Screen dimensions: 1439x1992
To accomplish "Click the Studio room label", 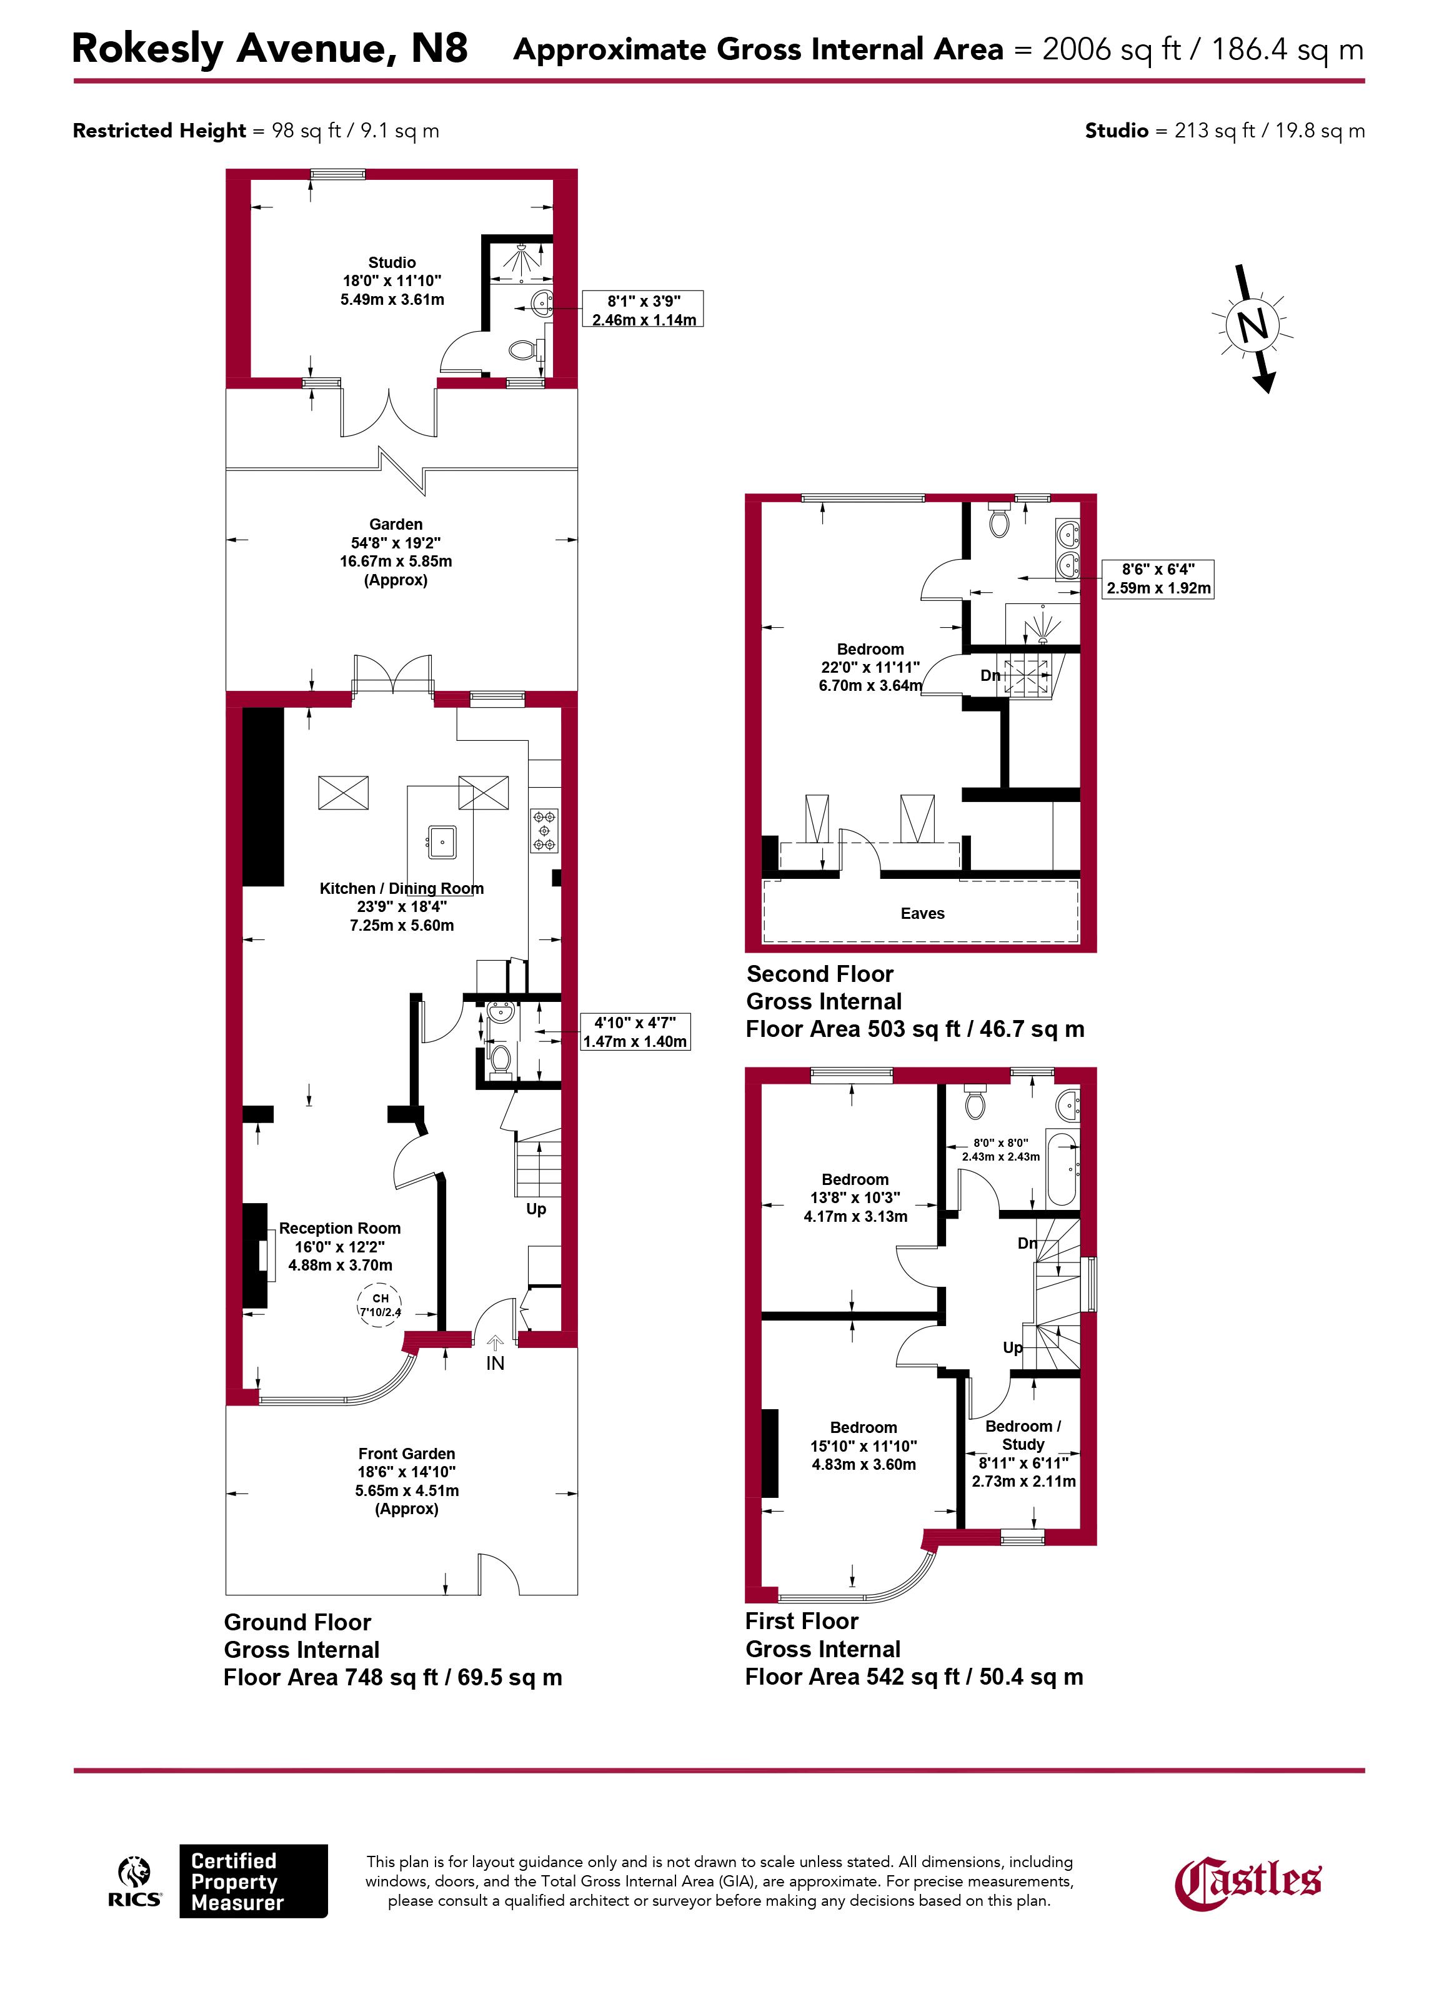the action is (x=392, y=262).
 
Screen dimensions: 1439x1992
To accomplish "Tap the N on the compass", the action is (x=1253, y=326).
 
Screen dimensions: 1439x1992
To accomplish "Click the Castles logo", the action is (x=1247, y=1907).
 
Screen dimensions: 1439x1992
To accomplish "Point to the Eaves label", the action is (x=922, y=913).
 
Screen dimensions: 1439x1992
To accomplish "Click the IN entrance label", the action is (x=495, y=1363).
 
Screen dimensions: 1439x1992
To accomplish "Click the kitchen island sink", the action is (x=441, y=841).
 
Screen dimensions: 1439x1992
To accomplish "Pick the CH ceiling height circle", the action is (x=379, y=1304).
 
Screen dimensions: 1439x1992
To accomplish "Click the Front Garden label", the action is (x=407, y=1454).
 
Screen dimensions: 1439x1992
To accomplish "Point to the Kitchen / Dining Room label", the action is (x=402, y=889).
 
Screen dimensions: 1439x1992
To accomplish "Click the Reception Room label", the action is (x=340, y=1228).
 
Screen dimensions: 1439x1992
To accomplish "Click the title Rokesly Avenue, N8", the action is (x=270, y=48).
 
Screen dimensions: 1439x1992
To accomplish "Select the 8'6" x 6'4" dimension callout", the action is (x=1158, y=579).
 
